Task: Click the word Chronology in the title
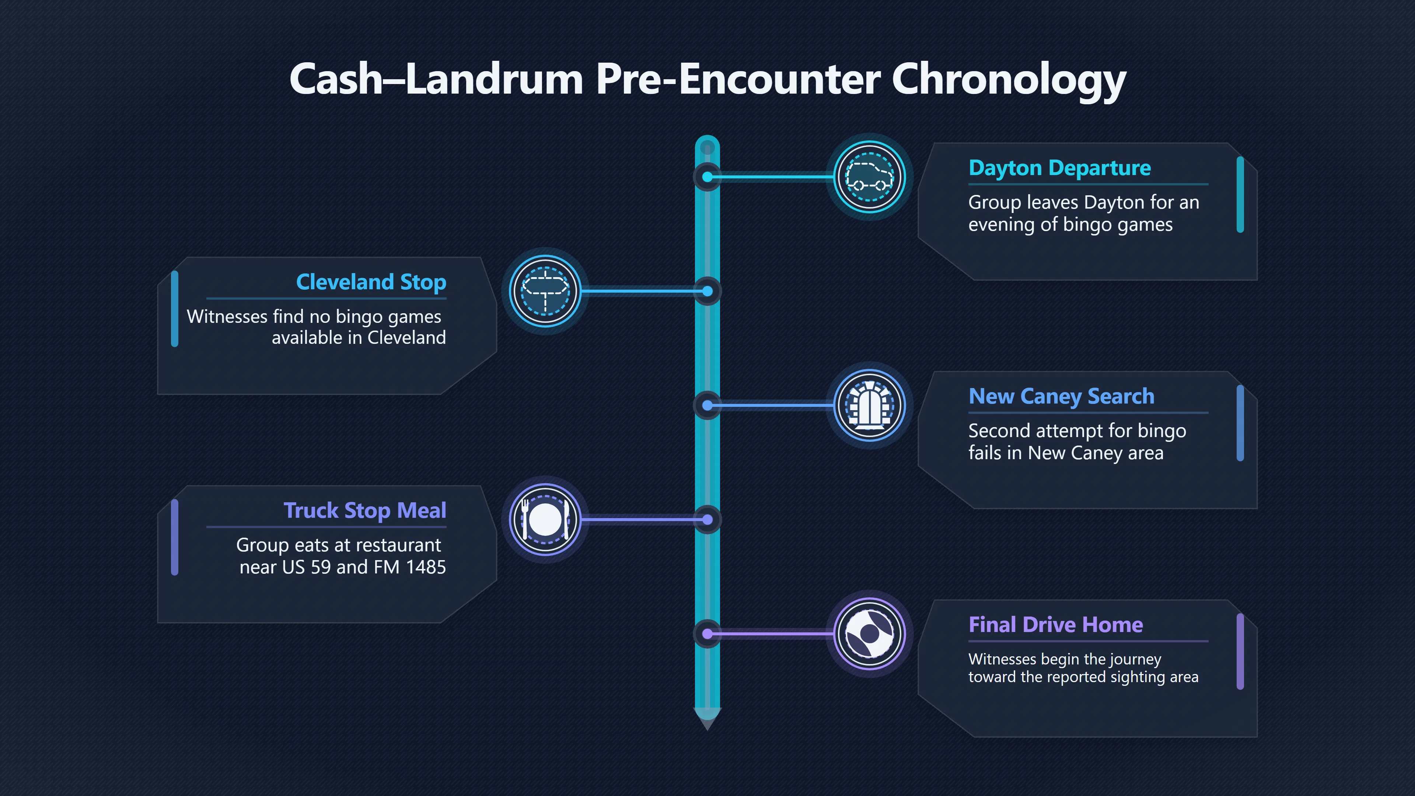point(1009,80)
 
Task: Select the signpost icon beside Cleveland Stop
point(545,291)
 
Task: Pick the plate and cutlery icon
point(545,520)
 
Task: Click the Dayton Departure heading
point(1060,168)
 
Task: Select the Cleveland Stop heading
point(371,282)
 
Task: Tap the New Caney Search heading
point(1061,397)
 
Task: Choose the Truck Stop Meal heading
point(365,511)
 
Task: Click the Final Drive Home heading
point(1056,625)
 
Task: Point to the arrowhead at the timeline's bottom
point(707,720)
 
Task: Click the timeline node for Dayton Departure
point(707,177)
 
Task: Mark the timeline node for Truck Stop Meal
point(707,520)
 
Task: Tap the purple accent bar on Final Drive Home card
point(1240,652)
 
